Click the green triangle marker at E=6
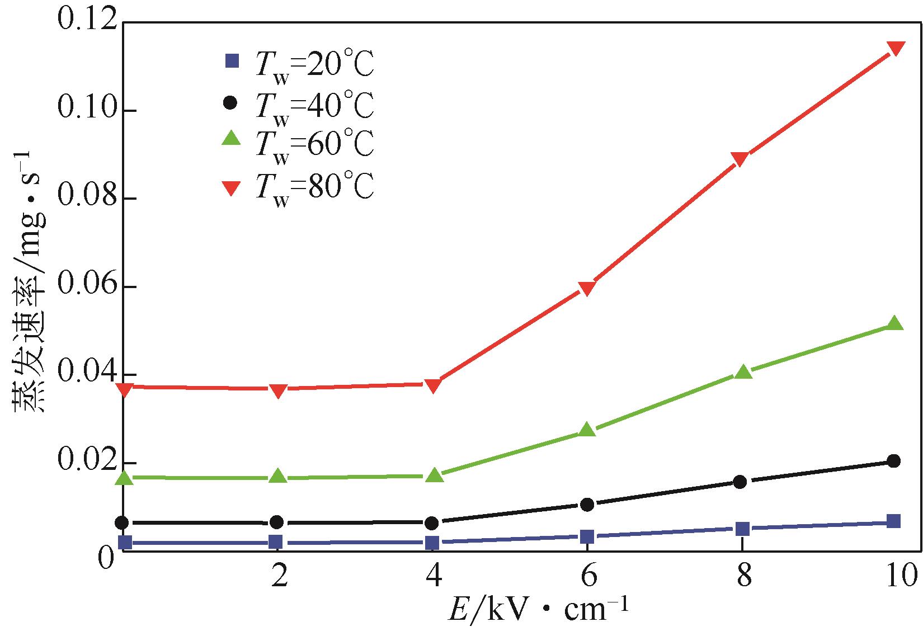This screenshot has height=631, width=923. click(587, 430)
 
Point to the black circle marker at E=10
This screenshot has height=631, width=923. click(894, 461)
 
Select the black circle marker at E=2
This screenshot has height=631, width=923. click(277, 522)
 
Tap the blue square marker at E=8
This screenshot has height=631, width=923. click(742, 529)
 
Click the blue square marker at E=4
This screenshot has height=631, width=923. click(432, 543)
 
